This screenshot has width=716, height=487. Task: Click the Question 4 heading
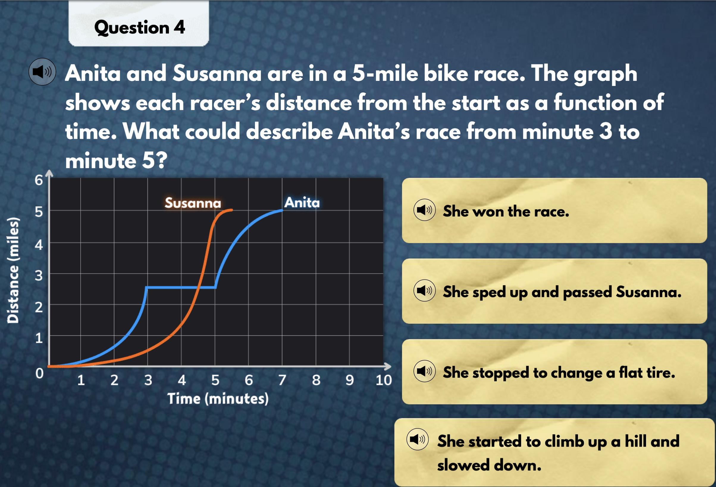tap(139, 27)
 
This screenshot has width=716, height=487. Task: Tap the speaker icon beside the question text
tap(42, 72)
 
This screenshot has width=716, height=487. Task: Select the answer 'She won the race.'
tap(554, 210)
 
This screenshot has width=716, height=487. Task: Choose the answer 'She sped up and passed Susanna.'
tap(554, 291)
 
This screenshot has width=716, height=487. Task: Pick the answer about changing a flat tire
tap(554, 372)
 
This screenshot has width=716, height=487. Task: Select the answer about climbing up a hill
tap(554, 452)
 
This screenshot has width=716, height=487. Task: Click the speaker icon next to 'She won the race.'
tap(424, 210)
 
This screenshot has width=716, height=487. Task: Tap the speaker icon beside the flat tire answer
tap(424, 371)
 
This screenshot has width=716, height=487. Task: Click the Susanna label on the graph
tap(193, 203)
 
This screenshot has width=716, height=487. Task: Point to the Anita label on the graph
tap(302, 202)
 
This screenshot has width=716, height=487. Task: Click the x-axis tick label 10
tap(383, 380)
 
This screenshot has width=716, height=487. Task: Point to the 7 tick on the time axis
tap(282, 380)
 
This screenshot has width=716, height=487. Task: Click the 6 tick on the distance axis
tap(38, 180)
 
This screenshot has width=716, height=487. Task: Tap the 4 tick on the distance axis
tap(38, 245)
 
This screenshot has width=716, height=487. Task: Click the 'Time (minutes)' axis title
tap(218, 399)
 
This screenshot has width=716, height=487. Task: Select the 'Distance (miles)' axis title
tap(13, 270)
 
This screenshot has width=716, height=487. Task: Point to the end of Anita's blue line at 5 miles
tap(282, 210)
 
